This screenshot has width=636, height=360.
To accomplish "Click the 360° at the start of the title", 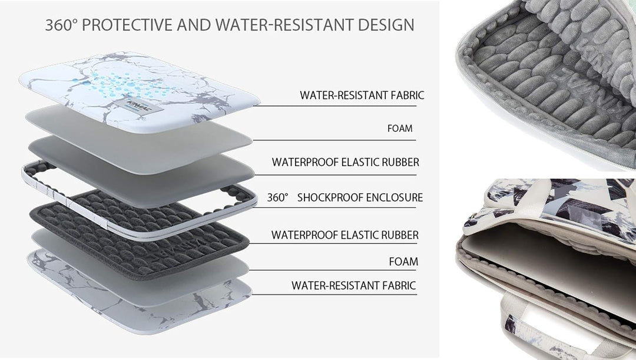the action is click(x=61, y=25).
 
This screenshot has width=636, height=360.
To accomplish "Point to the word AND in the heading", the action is click(x=194, y=25).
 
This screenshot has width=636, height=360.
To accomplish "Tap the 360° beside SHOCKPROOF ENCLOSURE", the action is click(x=277, y=197).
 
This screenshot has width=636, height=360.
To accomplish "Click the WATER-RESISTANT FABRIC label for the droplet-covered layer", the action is click(x=362, y=95).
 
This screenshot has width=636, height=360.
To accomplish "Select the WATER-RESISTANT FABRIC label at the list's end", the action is click(x=354, y=285).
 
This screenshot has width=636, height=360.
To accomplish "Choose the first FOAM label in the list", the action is click(x=400, y=128).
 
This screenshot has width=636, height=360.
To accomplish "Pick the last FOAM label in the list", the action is click(x=403, y=262).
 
